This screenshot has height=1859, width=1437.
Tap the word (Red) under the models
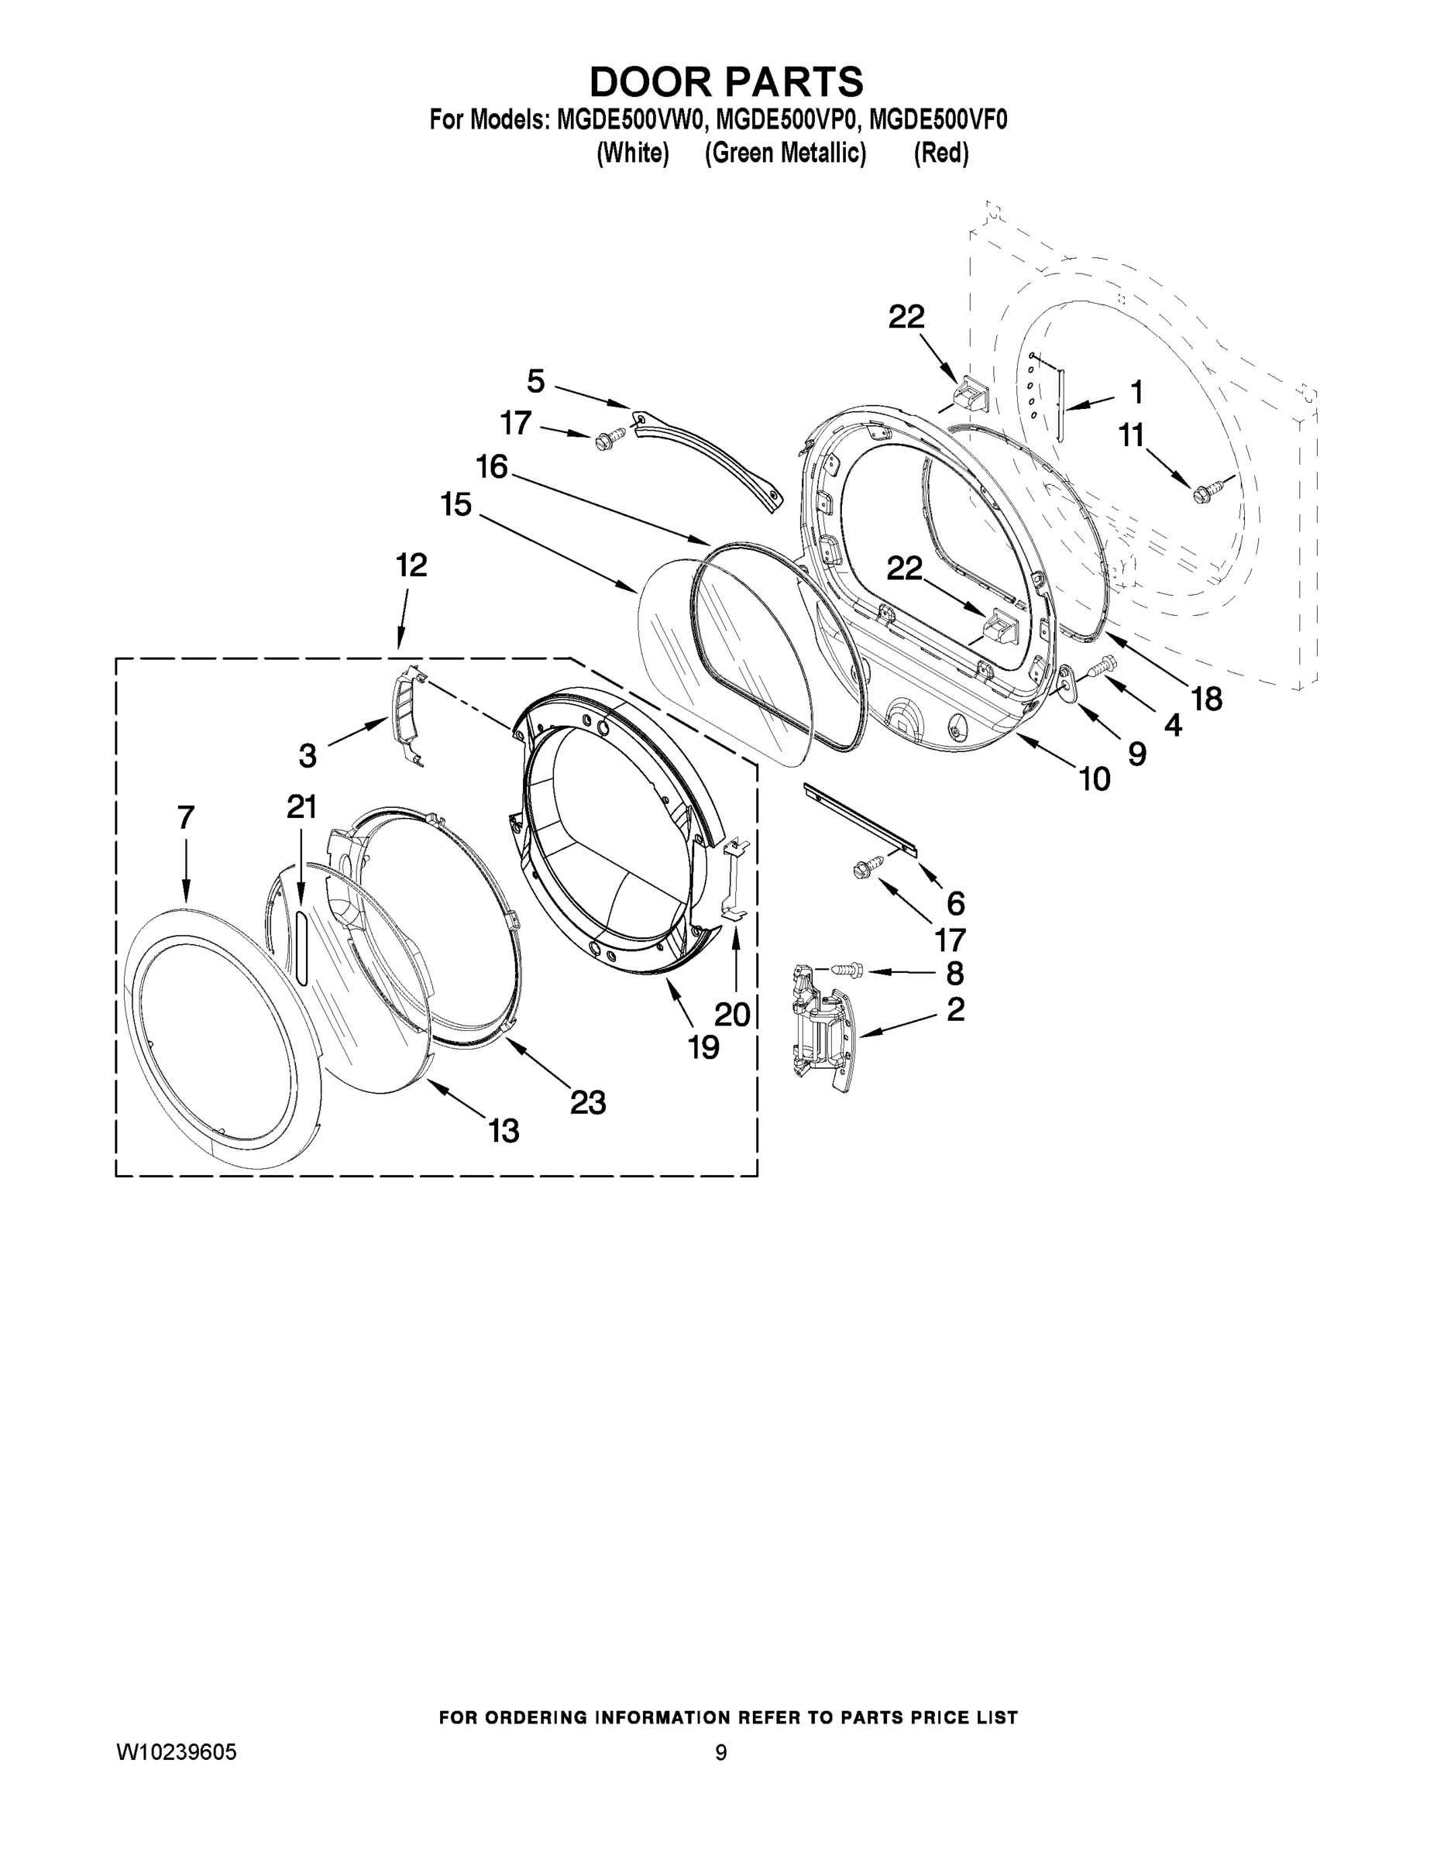point(940,153)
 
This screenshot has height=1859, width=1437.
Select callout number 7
point(186,818)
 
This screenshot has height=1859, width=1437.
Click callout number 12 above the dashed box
point(411,565)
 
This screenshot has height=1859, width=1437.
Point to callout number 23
point(587,1102)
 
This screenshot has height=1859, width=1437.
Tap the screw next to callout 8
point(845,969)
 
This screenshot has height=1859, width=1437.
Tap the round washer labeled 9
point(1067,682)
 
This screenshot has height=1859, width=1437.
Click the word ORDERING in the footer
point(535,1718)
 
